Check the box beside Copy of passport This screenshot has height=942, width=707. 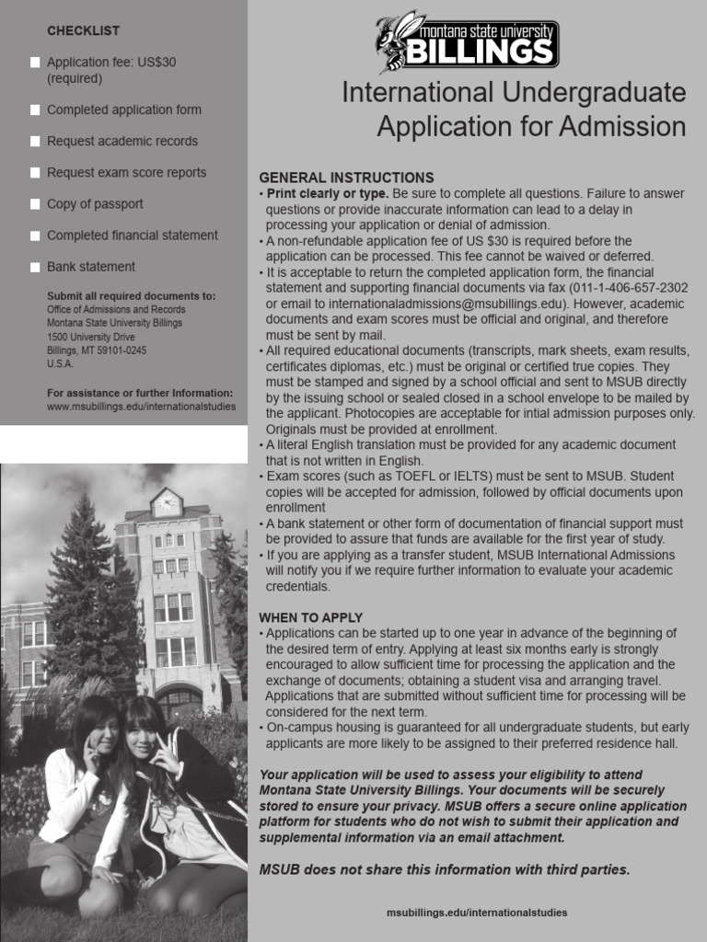point(35,204)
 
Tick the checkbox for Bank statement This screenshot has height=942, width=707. point(35,267)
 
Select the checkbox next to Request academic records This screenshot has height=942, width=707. point(35,142)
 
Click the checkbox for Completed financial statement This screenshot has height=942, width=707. point(35,235)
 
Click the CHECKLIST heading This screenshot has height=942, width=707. point(83,31)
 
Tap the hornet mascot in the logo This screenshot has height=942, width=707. point(396,41)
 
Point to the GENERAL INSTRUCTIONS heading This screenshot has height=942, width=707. point(346,177)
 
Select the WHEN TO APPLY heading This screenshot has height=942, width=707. point(310,617)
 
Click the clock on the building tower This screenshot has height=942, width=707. point(167,503)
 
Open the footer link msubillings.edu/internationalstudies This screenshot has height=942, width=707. point(477,913)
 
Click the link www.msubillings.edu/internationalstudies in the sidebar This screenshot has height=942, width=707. point(141,406)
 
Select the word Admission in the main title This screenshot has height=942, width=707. point(622,127)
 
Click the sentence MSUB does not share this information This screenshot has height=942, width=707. point(445,869)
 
